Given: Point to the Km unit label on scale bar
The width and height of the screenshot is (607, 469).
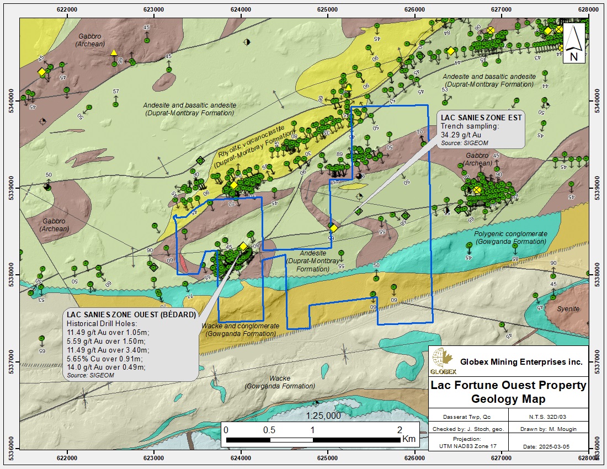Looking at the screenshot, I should click(408, 440).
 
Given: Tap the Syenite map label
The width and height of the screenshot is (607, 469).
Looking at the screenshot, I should click(568, 309).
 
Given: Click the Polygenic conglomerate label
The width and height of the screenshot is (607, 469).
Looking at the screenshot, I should click(510, 234).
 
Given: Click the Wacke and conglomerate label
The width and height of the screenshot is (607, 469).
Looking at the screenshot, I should click(240, 326).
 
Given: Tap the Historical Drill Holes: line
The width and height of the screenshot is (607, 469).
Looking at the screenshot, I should click(99, 323).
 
